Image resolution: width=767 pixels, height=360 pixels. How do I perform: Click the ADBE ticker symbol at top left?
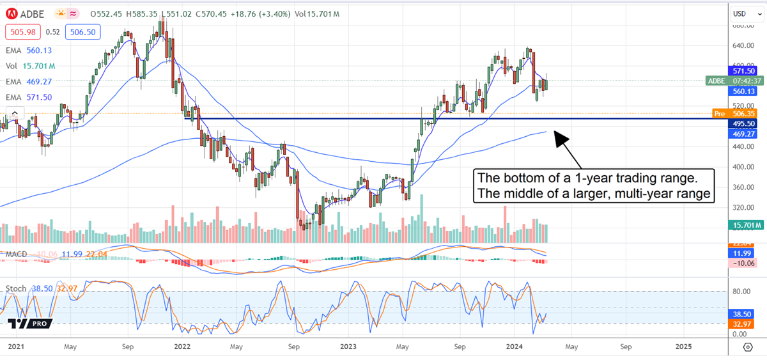(34, 13)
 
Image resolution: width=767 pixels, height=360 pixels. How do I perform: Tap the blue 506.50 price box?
(81, 31)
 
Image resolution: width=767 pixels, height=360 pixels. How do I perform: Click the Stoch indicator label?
(15, 289)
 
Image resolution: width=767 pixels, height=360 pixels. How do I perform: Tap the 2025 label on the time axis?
(683, 347)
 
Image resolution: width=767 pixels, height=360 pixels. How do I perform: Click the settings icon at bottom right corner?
(747, 347)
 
